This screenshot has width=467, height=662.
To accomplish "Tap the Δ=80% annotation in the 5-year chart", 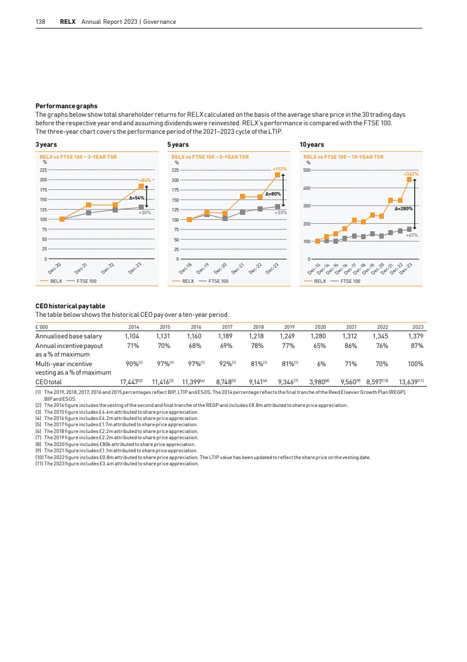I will pos(273,194).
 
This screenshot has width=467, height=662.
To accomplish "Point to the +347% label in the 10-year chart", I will pos(410,174).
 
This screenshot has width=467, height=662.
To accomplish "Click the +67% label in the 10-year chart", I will pos(412,235).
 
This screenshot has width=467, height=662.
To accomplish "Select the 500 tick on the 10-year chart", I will pos(307,170).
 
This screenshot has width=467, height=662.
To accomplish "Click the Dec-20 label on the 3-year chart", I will pos(55,269).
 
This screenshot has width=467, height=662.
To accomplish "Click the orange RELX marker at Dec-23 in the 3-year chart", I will pos(141,186).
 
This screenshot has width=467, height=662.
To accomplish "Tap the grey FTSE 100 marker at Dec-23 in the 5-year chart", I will pos(277,207).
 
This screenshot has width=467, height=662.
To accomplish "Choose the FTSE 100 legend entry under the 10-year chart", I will pos(349,281).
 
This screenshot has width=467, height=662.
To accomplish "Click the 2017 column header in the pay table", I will pos(228,326).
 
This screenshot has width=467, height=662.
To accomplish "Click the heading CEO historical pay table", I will pos(70,307).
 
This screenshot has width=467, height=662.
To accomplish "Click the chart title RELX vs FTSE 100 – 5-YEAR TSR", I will pos(210,156).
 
